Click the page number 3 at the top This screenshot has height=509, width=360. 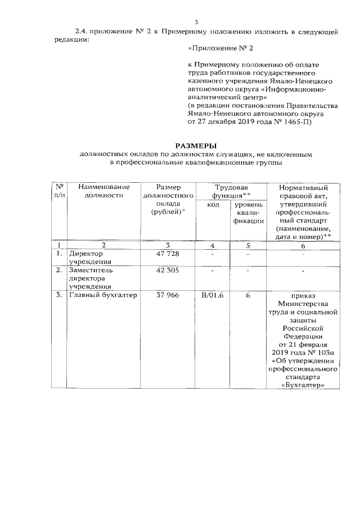[x=196, y=22]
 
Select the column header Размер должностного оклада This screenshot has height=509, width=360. [x=169, y=199]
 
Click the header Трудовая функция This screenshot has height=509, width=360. [x=231, y=191]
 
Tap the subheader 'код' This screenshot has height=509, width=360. [x=213, y=206]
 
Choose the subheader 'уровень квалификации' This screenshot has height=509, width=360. [x=247, y=214]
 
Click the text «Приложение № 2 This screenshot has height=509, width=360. [x=215, y=49]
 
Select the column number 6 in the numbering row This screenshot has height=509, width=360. [x=303, y=245]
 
